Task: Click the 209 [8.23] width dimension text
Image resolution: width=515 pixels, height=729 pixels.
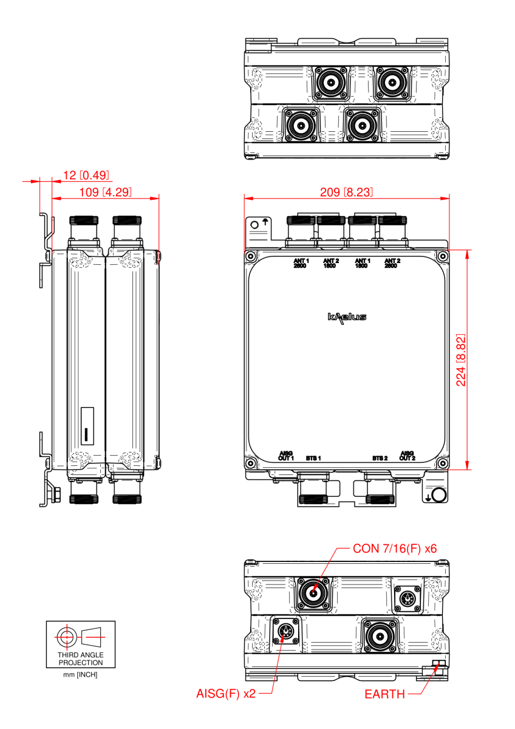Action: [x=347, y=192]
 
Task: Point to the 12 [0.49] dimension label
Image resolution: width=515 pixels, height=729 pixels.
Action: [x=86, y=176]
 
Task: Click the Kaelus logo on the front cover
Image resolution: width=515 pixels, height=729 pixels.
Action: [x=347, y=317]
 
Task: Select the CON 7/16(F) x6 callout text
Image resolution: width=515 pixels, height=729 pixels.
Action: [x=395, y=549]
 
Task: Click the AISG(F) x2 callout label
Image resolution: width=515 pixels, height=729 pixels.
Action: [x=226, y=694]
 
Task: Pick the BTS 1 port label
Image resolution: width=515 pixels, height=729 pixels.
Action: [x=313, y=457]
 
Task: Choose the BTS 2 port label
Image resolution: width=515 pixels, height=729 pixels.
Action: [x=380, y=457]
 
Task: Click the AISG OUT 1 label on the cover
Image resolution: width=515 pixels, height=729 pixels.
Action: [x=286, y=456]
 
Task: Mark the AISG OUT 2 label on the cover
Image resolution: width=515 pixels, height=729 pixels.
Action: [x=408, y=456]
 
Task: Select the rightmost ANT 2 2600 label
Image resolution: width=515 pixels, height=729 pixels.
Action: [x=392, y=263]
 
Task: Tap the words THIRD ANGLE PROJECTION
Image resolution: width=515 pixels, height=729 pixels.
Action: [x=81, y=659]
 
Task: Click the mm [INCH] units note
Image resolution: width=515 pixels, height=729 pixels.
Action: [x=81, y=675]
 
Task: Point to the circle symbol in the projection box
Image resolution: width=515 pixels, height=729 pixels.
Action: [x=64, y=637]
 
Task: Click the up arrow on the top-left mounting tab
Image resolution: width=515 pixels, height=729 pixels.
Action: [x=265, y=222]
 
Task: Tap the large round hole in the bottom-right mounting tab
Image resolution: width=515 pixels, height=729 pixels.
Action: [x=440, y=495]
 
